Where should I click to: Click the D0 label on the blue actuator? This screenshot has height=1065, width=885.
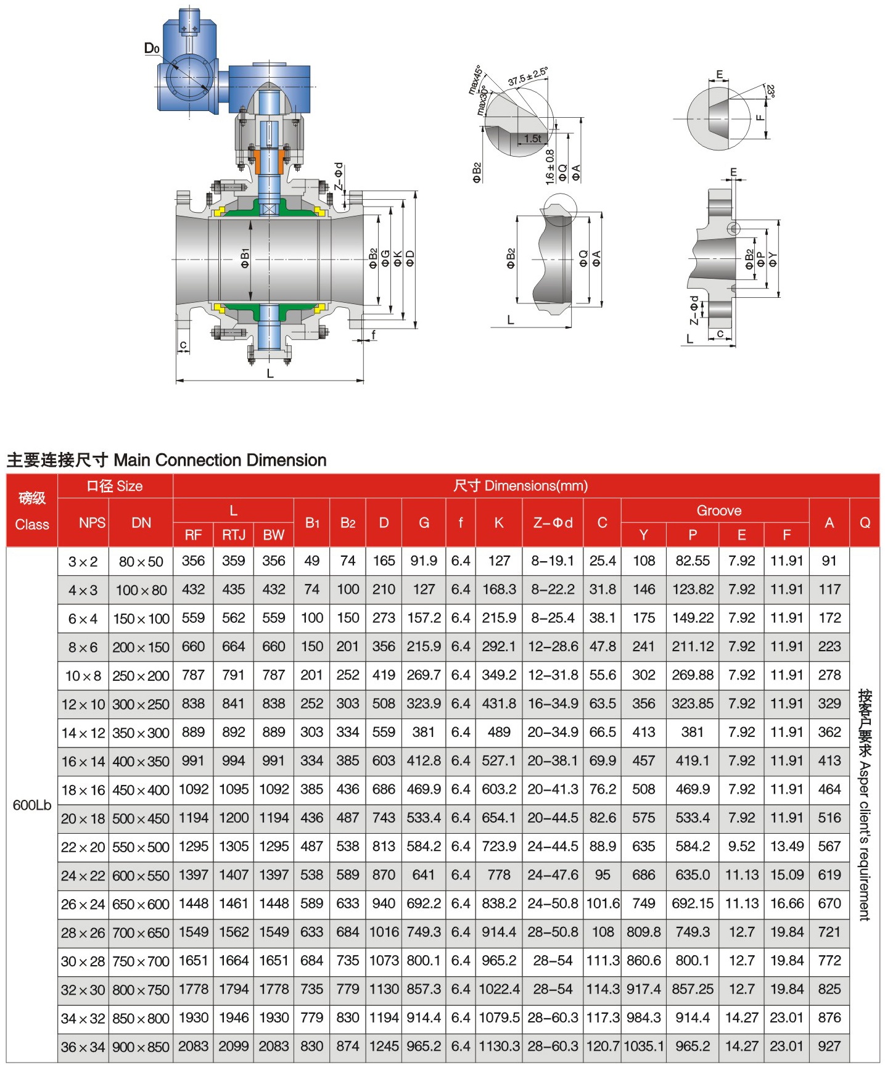152,48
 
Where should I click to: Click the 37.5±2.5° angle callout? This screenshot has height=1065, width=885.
528,76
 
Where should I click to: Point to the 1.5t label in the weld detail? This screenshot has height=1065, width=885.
533,139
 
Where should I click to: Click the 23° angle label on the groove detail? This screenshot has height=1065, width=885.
770,91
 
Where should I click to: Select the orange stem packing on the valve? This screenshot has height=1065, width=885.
269,160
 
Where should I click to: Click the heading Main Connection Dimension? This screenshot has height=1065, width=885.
220,460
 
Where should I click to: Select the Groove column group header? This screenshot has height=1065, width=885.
719,511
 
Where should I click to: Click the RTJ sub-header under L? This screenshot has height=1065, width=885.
234,535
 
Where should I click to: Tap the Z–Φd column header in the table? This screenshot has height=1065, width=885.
553,523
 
